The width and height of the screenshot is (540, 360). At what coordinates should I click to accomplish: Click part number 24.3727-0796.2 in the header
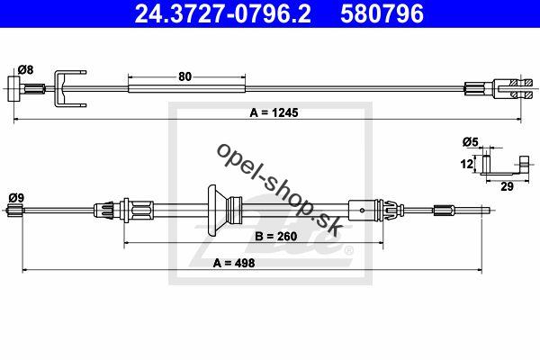click(x=222, y=13)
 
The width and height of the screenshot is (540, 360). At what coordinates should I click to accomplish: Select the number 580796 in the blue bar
click(x=382, y=13)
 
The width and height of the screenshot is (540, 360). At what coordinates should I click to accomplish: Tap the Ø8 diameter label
click(x=26, y=70)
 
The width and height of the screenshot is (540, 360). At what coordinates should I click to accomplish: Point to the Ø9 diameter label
click(x=16, y=198)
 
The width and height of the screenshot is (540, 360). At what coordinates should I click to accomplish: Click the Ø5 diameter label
click(x=471, y=141)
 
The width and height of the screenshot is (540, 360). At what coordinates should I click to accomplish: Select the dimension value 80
click(x=184, y=76)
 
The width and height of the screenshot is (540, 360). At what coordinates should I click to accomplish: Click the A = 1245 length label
click(x=274, y=112)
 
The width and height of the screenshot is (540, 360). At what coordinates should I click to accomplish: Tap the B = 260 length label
click(x=275, y=237)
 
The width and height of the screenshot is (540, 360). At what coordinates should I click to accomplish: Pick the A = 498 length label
click(x=234, y=263)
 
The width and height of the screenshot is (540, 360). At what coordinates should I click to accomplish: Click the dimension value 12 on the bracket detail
click(x=466, y=164)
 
